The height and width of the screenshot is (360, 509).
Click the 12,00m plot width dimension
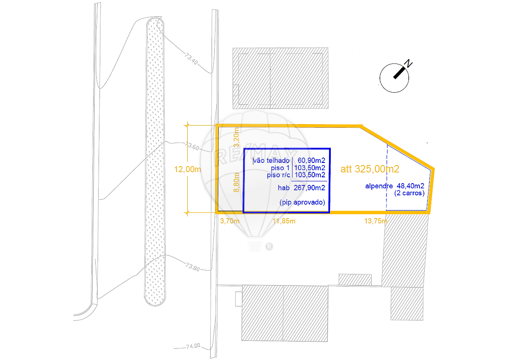tap(187, 169)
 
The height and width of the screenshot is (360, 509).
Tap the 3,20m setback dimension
tap(237, 137)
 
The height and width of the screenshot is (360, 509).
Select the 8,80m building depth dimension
tap(237, 182)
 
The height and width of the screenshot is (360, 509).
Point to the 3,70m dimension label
tap(230, 221)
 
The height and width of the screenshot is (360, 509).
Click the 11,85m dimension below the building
tap(284, 221)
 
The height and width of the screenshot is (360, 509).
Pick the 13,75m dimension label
tap(376, 221)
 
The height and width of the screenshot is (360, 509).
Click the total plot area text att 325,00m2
tap(370, 169)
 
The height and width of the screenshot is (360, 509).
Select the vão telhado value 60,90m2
tap(311, 160)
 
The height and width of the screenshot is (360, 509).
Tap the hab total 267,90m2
tap(309, 188)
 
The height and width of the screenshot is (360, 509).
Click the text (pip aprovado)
tap(302, 202)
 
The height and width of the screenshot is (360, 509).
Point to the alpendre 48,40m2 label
tap(395, 186)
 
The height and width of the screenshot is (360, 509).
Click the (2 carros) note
tap(410, 193)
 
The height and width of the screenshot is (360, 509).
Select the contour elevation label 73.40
tap(191, 59)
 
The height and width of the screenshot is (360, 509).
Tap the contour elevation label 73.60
tap(192, 146)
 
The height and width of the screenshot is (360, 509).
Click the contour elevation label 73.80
tap(193, 267)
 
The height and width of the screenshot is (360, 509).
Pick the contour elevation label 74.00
tap(193, 346)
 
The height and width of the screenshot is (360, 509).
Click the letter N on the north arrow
tap(408, 63)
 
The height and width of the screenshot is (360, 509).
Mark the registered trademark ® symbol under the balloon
tap(269, 247)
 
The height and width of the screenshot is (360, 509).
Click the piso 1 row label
tap(280, 168)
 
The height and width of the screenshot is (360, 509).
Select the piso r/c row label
tap(279, 175)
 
